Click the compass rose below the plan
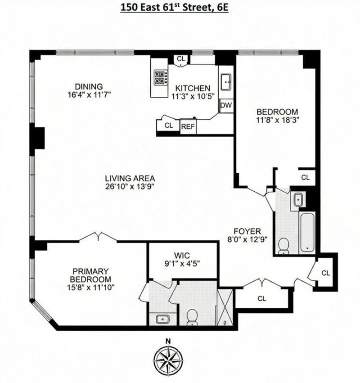pos(168,359)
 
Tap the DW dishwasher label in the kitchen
pos(226,105)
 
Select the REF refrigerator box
pos(188,126)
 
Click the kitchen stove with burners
pos(161,77)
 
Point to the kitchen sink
pos(226,82)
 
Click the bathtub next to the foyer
pos(307,232)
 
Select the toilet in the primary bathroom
pos(192,317)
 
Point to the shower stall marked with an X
pos(225,307)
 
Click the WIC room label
pos(182,256)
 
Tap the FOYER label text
pos(247,231)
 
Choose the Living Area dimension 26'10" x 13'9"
pos(130,186)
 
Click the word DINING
pos(89,86)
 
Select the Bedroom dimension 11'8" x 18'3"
pos(278,120)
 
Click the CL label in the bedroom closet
pos(305,177)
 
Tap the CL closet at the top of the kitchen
pos(181,59)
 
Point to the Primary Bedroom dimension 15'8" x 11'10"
pos(91,287)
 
